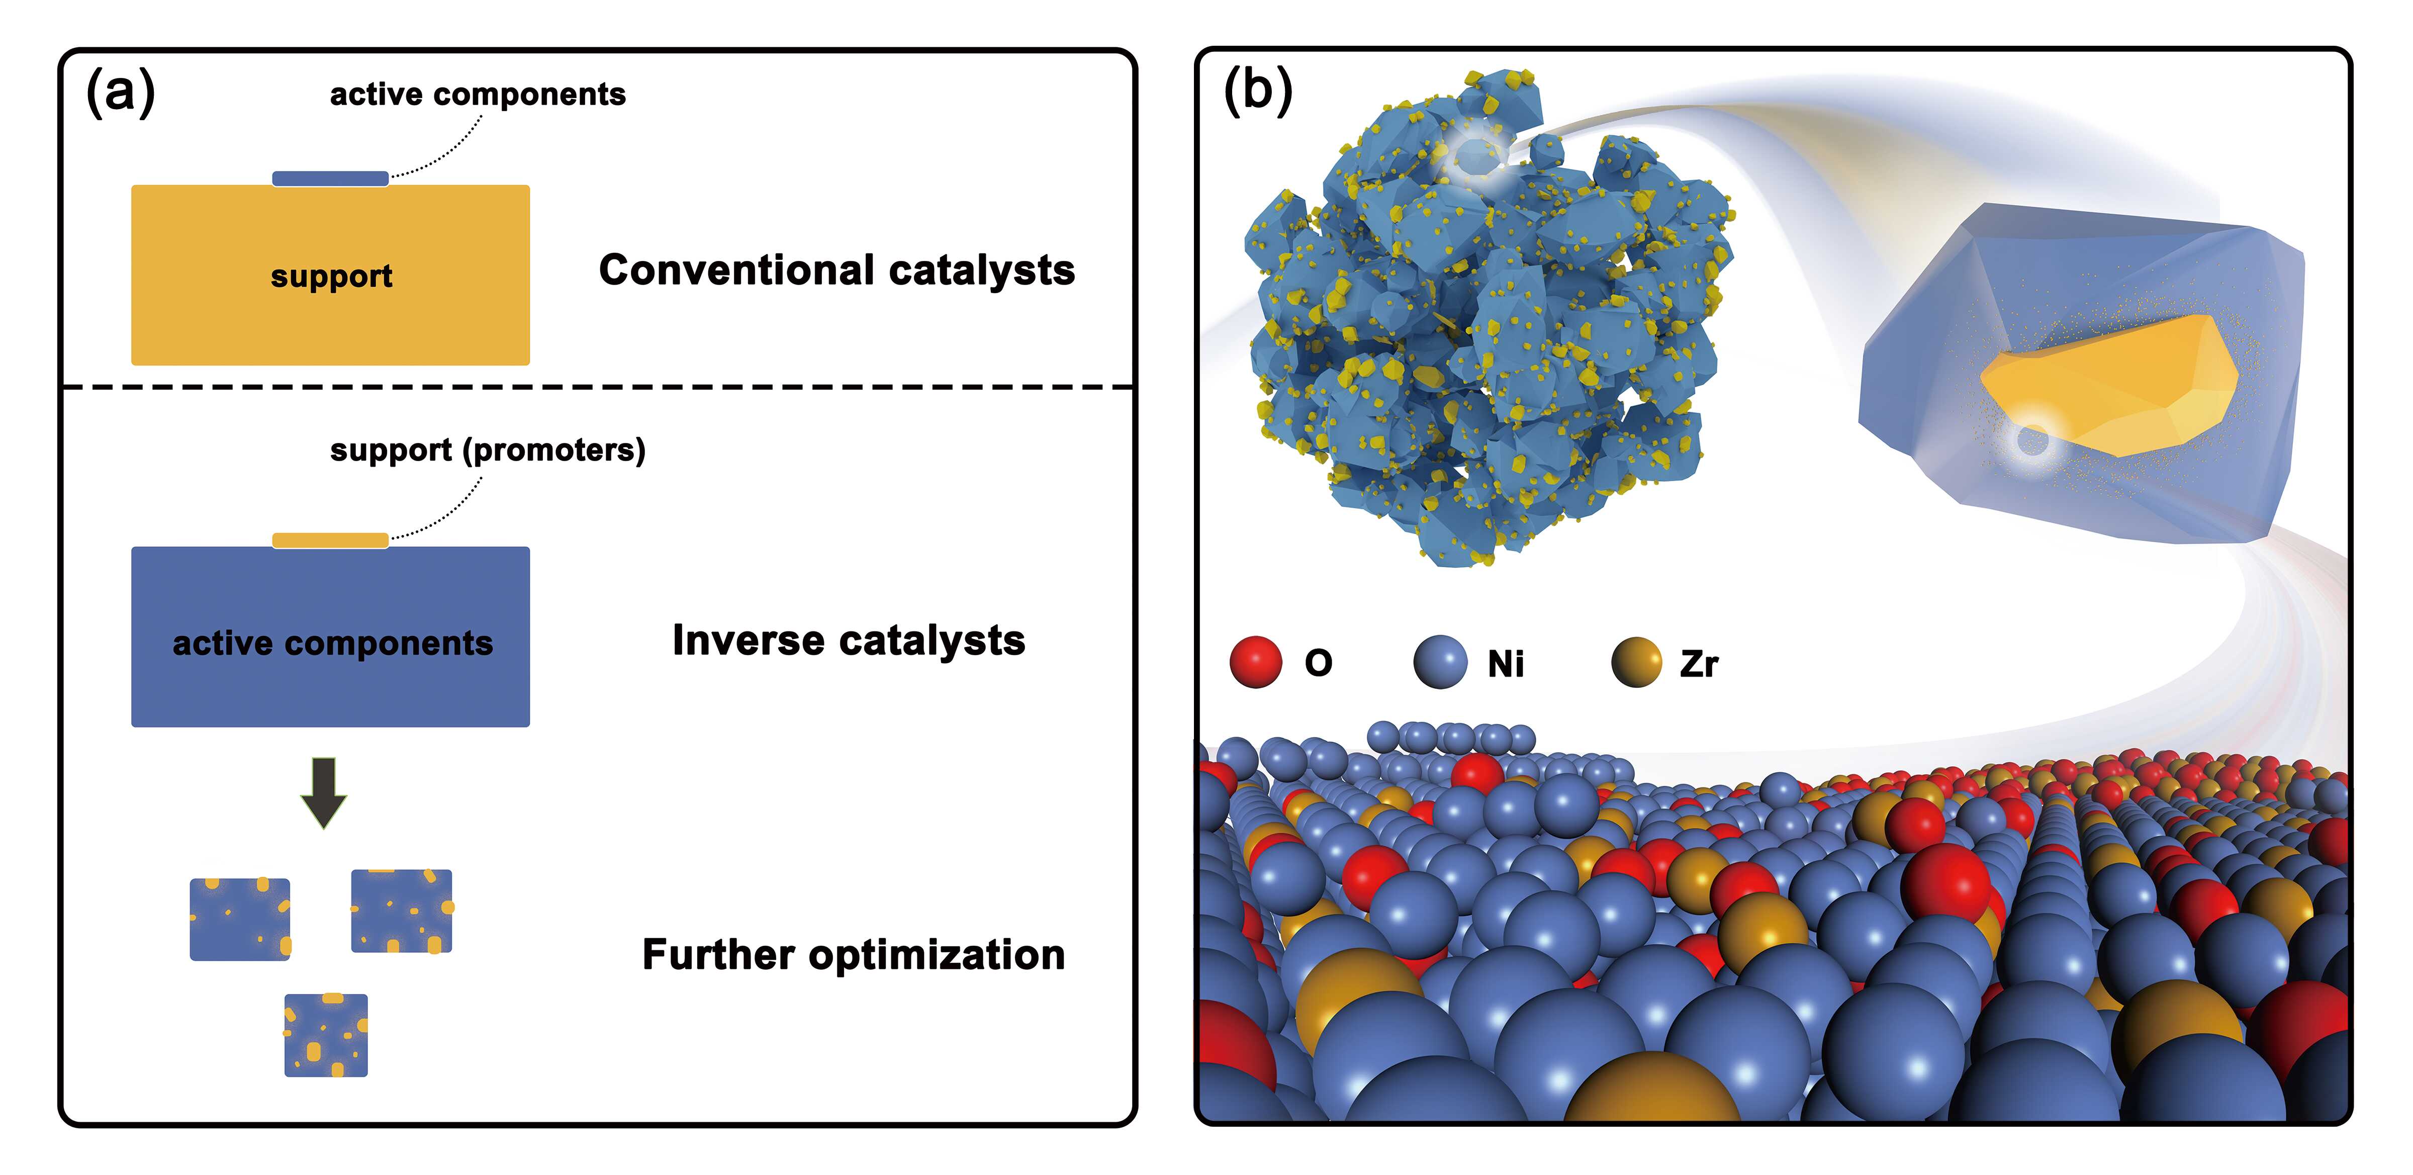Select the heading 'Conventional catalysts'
tap(837, 270)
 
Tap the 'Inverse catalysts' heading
tap(849, 641)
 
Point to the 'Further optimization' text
tap(854, 955)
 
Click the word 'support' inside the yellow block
tap(332, 277)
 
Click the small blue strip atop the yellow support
tap(330, 178)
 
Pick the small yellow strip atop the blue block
tap(330, 539)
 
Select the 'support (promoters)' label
tap(487, 450)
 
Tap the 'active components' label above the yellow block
tap(478, 94)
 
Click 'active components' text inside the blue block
tap(332, 643)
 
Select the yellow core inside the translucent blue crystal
tap(2117, 384)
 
